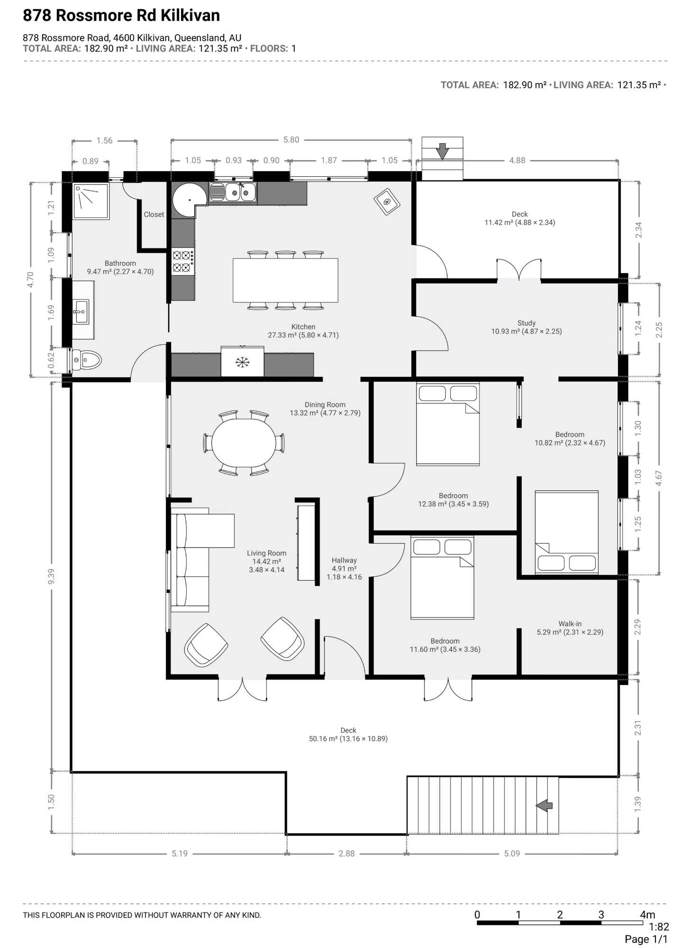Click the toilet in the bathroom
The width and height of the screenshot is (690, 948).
[x=86, y=360]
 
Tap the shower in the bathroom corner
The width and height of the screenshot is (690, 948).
[x=91, y=201]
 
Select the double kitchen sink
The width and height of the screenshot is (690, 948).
[x=233, y=192]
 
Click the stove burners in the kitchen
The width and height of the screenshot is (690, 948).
[x=183, y=262]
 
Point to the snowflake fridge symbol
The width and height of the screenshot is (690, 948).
[x=243, y=363]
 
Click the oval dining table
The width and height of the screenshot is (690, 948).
[x=244, y=443]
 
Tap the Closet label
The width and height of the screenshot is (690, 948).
[x=154, y=214]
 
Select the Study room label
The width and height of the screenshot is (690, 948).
[x=527, y=323]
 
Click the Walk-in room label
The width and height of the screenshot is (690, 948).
[x=570, y=624]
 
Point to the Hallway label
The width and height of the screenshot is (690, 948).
[x=344, y=560]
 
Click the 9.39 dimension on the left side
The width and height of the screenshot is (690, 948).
[x=51, y=576]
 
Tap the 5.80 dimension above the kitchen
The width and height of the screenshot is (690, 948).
[x=291, y=140]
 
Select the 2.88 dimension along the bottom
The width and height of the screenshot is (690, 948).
[x=346, y=853]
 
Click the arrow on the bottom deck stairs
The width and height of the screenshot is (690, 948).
[x=545, y=805]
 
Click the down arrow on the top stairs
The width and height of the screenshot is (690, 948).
[x=442, y=151]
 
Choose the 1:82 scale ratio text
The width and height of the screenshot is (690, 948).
[x=659, y=927]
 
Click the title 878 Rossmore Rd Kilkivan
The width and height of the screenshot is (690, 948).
[x=121, y=16]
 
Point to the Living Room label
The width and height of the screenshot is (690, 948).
[x=266, y=553]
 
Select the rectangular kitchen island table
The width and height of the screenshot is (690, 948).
[x=285, y=280]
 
